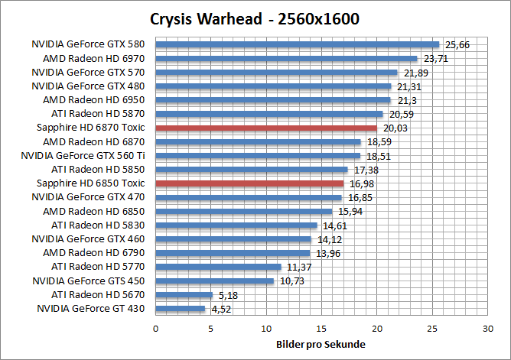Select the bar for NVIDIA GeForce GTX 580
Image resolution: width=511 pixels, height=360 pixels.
pyautogui.click(x=298, y=44)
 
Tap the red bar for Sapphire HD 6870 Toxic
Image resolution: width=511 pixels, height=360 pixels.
pyautogui.click(x=266, y=128)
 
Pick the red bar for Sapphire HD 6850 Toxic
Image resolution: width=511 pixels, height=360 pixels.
pyautogui.click(x=249, y=183)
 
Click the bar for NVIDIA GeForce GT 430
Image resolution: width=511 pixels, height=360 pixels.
pyautogui.click(x=181, y=309)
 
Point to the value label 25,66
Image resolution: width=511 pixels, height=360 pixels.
pyautogui.click(x=457, y=45)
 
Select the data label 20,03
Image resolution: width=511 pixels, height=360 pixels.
pyautogui.click(x=395, y=128)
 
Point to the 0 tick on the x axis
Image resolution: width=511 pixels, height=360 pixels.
pyautogui.click(x=156, y=328)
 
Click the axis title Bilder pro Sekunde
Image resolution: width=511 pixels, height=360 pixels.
pyautogui.click(x=321, y=345)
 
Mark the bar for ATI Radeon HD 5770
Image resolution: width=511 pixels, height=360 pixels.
pyautogui.click(x=219, y=267)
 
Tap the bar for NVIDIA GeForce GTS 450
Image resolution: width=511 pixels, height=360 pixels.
pyautogui.click(x=215, y=281)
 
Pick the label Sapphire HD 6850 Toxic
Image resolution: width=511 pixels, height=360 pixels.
pyautogui.click(x=90, y=183)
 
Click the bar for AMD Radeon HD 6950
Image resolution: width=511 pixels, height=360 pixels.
pyautogui.click(x=273, y=100)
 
